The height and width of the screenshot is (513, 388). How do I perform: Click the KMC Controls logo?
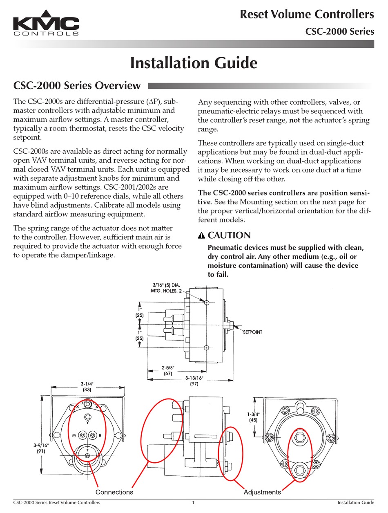[x=46, y=26]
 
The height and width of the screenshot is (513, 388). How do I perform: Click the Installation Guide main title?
[x=194, y=63]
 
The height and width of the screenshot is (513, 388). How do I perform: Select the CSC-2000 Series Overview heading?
[x=77, y=85]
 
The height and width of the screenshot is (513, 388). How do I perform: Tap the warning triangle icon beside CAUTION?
[x=201, y=236]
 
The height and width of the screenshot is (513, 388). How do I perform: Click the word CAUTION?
[x=229, y=235]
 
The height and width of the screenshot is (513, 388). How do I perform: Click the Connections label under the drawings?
[x=114, y=492]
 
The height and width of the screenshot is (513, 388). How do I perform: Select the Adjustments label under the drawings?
[x=262, y=492]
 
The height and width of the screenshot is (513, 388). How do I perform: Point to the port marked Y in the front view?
[x=87, y=417]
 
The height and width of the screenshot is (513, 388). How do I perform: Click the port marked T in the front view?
[x=87, y=455]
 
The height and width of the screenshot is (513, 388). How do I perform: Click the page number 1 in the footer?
[x=193, y=502]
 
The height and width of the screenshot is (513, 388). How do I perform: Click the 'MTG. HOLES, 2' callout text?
[x=165, y=291]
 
